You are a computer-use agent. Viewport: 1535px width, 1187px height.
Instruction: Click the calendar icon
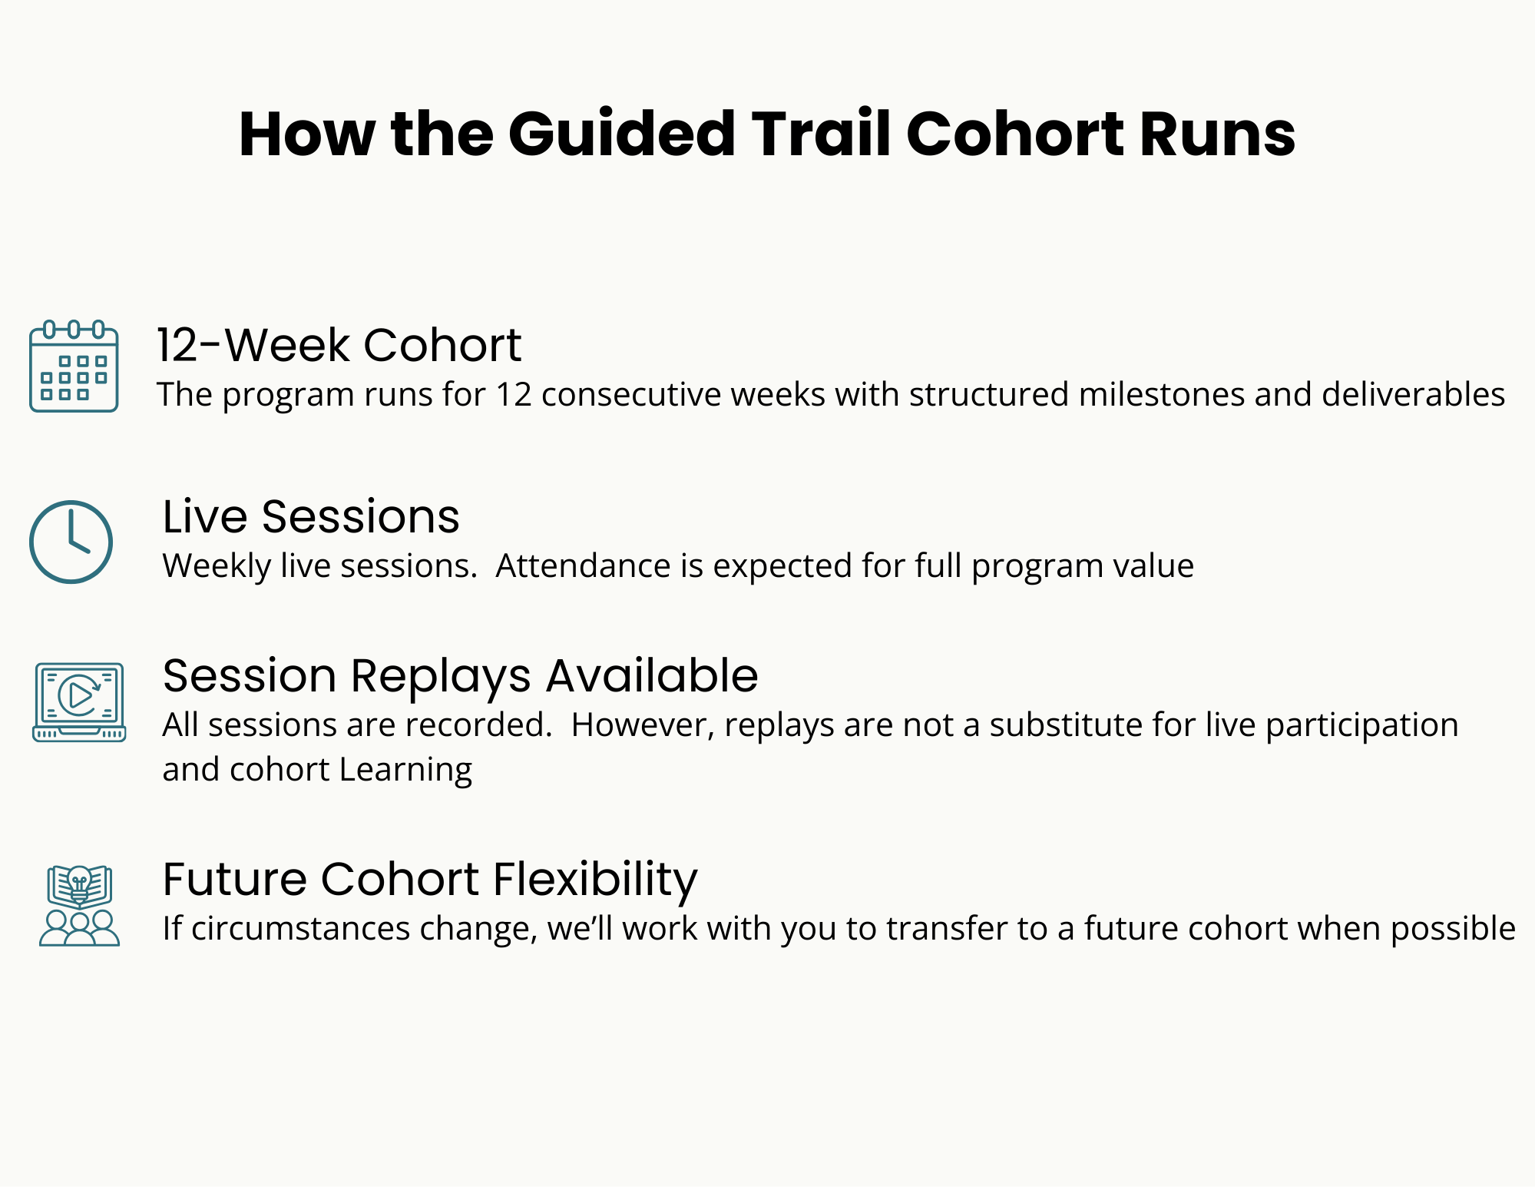click(x=74, y=366)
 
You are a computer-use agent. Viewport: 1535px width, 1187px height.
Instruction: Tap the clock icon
click(x=71, y=542)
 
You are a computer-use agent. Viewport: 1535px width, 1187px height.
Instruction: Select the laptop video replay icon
click(x=79, y=701)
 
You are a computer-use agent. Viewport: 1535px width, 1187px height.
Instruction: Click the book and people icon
click(x=79, y=905)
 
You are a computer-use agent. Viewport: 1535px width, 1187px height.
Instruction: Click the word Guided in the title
click(x=621, y=134)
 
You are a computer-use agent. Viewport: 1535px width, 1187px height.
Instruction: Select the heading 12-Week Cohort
click(x=339, y=345)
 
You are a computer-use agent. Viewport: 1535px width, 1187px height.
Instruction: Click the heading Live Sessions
click(x=311, y=516)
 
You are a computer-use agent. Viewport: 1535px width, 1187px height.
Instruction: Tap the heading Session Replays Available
click(x=460, y=676)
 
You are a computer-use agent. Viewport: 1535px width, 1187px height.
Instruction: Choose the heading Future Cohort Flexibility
click(x=430, y=880)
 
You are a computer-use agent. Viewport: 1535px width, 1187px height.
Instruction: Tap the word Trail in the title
click(x=822, y=134)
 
